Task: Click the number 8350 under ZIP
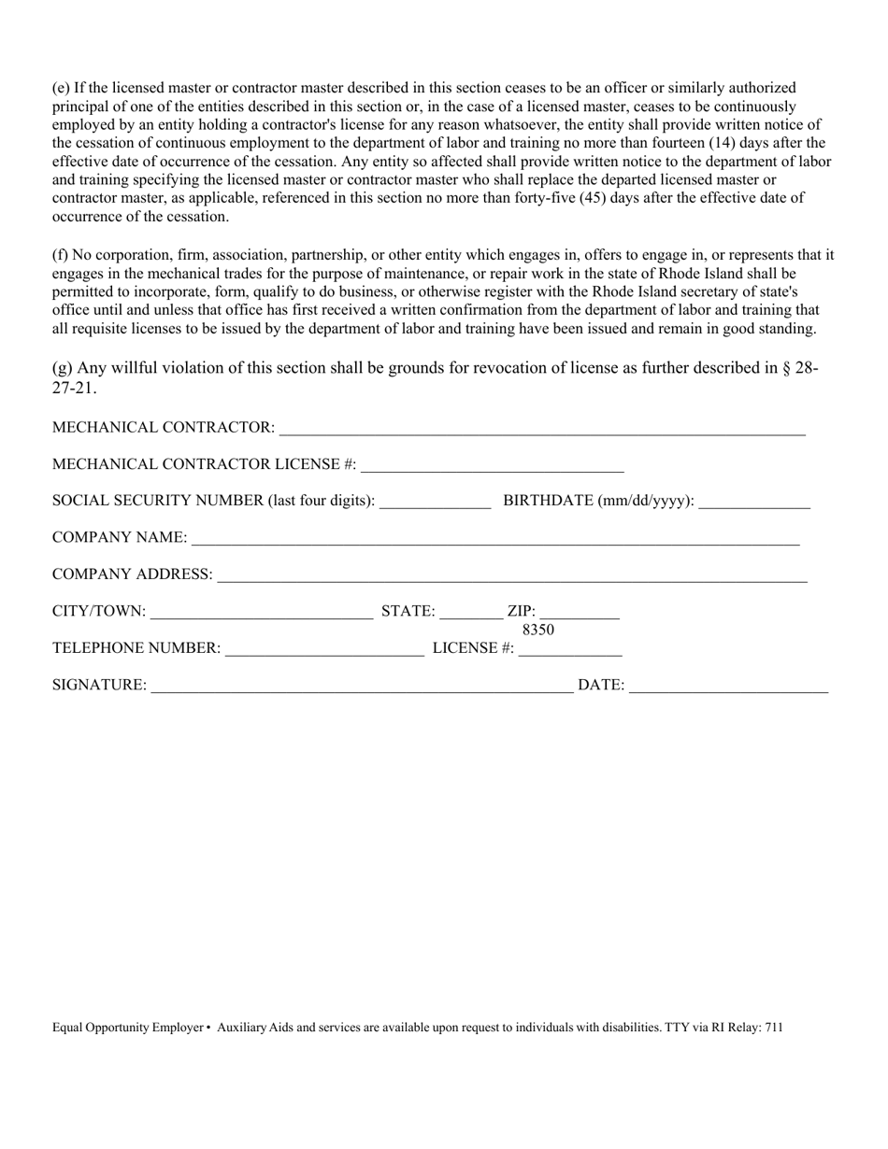[x=538, y=631]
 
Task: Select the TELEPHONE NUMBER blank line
[x=324, y=650]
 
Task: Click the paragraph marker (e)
[x=61, y=88]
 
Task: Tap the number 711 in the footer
[x=774, y=1028]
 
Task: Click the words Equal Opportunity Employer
[x=127, y=1028]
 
